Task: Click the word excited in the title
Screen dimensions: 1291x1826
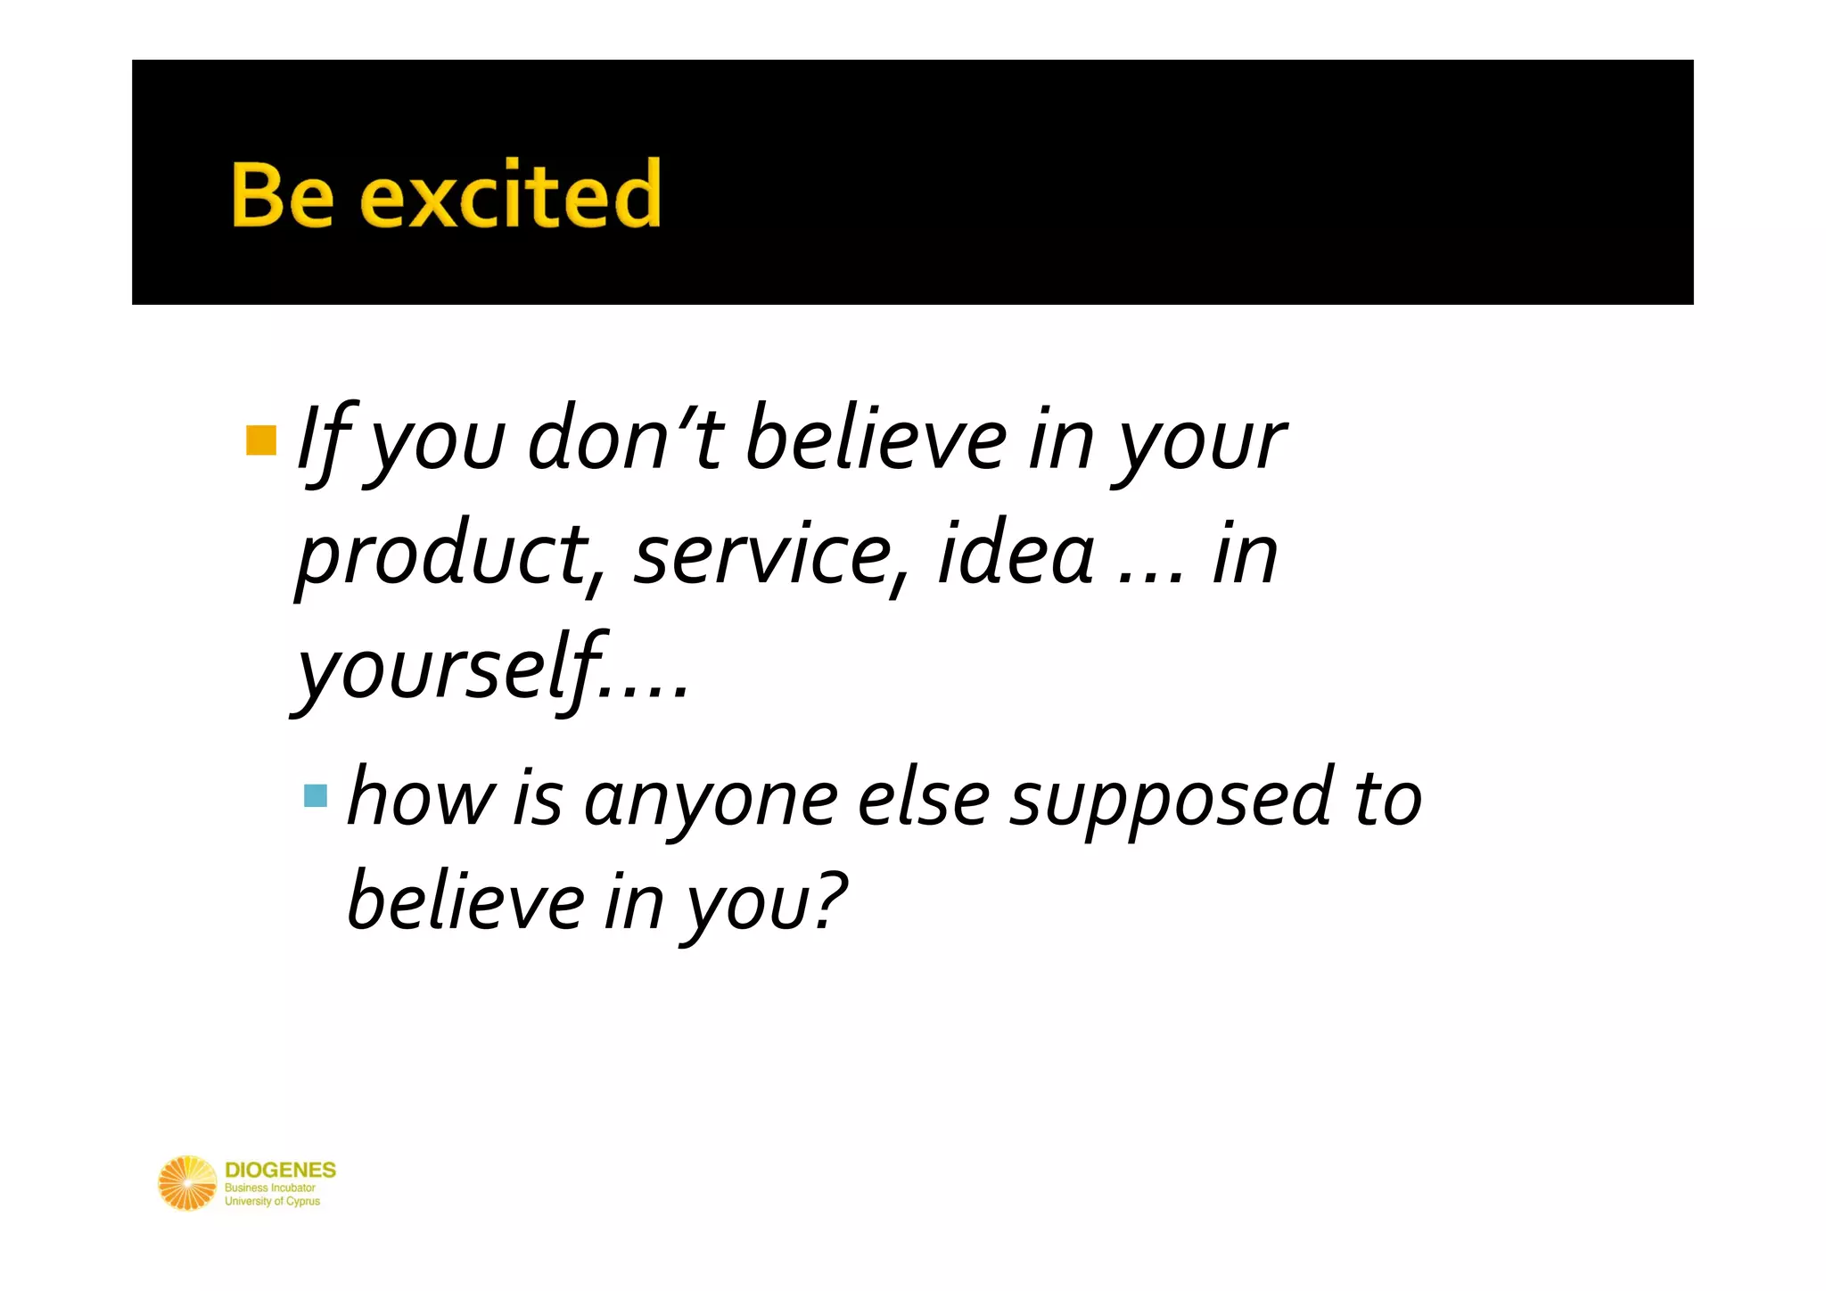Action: pyautogui.click(x=511, y=195)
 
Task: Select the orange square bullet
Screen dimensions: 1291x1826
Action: pyautogui.click(x=261, y=440)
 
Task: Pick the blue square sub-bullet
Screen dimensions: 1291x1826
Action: pyautogui.click(x=316, y=795)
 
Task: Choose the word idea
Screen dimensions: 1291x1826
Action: pyautogui.click(x=1016, y=555)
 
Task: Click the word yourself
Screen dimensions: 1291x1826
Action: pyautogui.click(x=450, y=670)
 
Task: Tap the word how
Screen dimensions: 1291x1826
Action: pyautogui.click(x=420, y=797)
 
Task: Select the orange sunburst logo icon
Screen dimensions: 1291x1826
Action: pyautogui.click(x=187, y=1183)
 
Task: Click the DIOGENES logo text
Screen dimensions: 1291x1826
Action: pyautogui.click(x=280, y=1170)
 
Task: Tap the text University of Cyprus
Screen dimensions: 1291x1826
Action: pyautogui.click(x=272, y=1201)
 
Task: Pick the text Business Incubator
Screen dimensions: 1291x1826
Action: pyautogui.click(x=269, y=1188)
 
